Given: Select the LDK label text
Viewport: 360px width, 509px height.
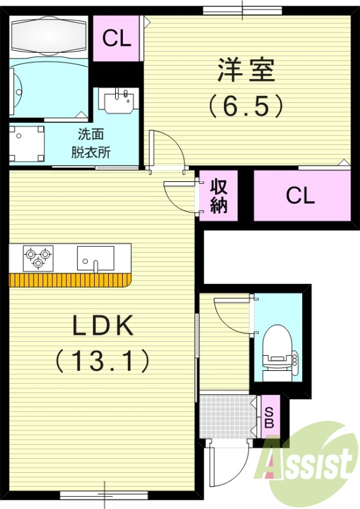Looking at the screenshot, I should click(102, 326).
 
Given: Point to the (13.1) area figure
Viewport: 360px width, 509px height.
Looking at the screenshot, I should click(102, 361).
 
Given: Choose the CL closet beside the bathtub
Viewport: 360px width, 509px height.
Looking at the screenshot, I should click(117, 39).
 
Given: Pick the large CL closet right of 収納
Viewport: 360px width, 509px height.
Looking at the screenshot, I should click(300, 195).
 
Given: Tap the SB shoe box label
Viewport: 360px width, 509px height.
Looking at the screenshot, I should click(268, 417).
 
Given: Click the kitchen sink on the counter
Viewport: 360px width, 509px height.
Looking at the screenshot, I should click(95, 258).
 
